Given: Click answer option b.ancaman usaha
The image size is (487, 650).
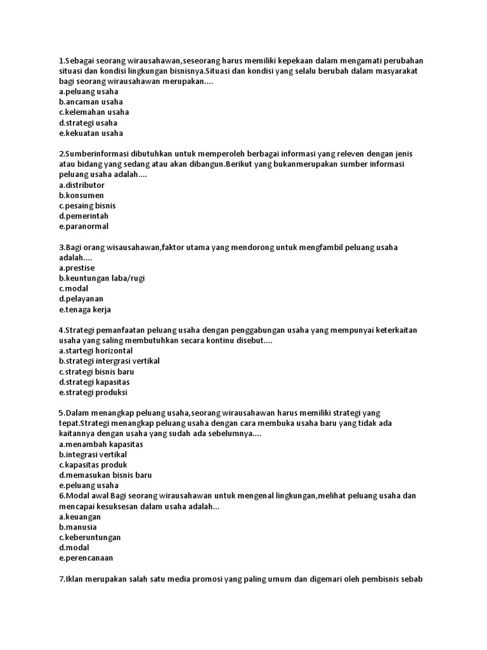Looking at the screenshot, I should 91,102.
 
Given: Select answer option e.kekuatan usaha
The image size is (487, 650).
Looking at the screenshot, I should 91,133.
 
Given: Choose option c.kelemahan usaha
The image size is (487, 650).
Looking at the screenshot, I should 94,112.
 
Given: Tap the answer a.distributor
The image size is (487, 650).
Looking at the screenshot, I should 82,185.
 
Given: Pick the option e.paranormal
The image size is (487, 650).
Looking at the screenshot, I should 84,226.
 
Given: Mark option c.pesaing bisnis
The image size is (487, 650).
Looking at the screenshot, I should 88,206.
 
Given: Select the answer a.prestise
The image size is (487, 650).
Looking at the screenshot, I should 77,268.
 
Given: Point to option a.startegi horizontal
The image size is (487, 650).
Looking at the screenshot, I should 96,350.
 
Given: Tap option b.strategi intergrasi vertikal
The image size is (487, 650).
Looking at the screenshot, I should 109,361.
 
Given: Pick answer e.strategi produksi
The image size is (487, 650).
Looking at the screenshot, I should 93,392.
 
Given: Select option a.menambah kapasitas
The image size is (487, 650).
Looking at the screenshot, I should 100,444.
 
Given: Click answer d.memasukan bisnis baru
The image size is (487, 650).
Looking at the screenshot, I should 105,475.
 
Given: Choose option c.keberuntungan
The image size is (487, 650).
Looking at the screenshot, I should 89,537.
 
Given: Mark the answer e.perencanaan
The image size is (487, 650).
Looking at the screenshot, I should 86,558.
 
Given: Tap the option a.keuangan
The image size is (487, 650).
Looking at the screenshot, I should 80,517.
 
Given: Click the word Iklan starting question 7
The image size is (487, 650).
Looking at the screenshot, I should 75,579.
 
